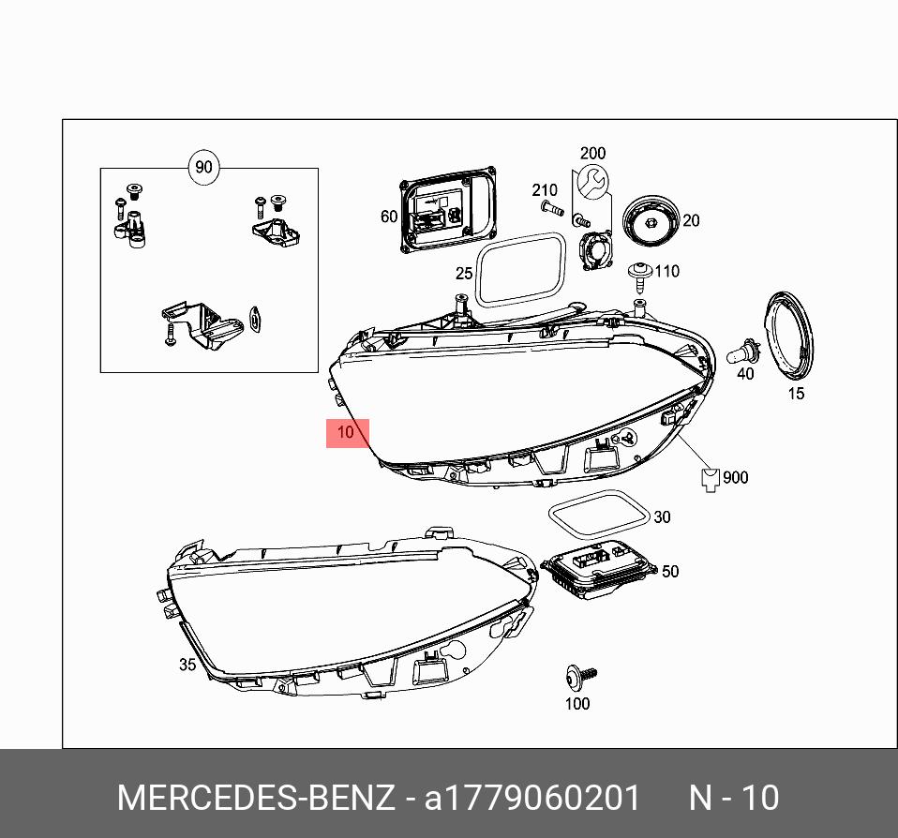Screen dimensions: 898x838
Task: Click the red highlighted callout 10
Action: pos(347,433)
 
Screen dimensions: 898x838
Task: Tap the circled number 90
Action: pos(202,169)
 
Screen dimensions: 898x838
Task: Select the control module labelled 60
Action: pos(448,212)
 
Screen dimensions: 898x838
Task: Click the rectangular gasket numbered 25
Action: pos(520,270)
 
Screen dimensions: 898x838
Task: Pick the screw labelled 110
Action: pos(639,275)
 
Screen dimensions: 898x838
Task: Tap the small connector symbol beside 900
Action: pos(711,479)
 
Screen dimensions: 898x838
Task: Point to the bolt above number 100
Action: pos(579,675)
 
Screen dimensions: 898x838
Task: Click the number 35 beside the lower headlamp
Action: pos(187,665)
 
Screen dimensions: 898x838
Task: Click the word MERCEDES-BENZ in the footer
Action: pos(255,798)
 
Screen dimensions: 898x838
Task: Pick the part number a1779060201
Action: pos(532,798)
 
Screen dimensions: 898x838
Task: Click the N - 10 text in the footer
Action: pos(734,798)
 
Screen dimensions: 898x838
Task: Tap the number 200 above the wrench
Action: pos(592,153)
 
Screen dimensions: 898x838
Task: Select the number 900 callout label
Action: pos(736,478)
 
